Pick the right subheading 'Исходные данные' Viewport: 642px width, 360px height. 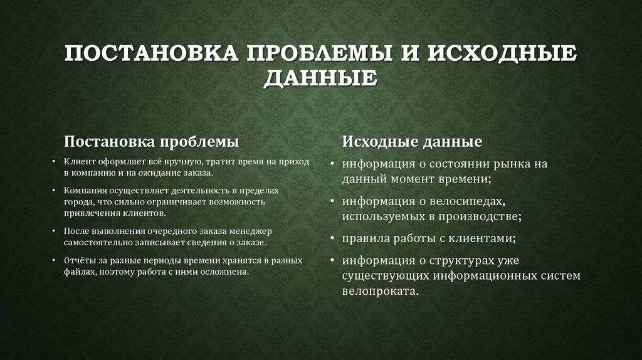point(412,142)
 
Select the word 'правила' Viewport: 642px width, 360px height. point(364,239)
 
